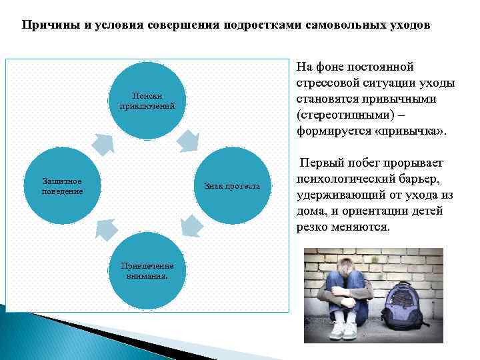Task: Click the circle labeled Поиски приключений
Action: [147, 101]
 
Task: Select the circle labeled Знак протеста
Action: [231, 186]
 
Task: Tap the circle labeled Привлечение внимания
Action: [147, 270]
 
